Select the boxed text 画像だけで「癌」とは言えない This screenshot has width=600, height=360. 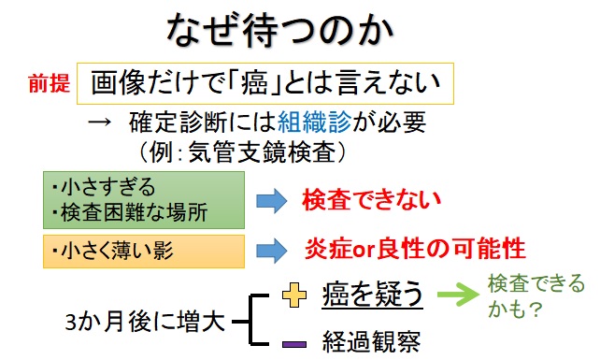click(265, 85)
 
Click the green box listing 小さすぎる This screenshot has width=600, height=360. click(142, 199)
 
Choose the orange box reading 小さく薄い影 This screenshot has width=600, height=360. click(142, 250)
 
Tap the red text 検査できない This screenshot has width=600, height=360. click(370, 199)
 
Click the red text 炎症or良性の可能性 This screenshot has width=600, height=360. click(414, 250)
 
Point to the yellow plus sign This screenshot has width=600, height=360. click(293, 298)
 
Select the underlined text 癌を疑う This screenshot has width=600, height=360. click(373, 297)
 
